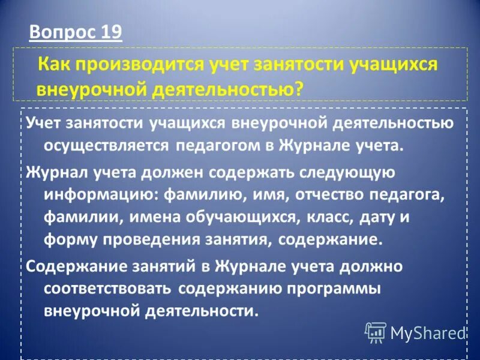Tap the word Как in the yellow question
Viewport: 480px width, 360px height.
(53, 65)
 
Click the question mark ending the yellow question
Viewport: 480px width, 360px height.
(298, 88)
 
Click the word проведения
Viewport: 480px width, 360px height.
(139, 241)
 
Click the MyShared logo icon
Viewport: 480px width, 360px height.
(375, 331)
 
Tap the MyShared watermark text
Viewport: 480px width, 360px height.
(428, 332)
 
